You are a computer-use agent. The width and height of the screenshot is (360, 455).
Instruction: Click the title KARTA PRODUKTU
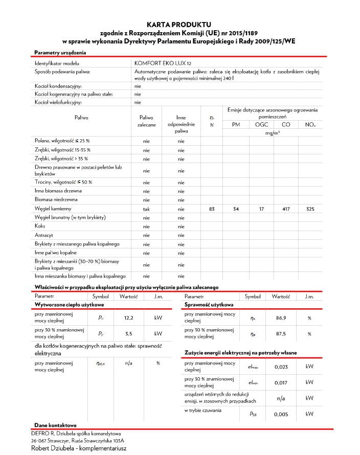tap(178, 24)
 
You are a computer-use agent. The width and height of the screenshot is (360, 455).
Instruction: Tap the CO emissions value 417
tap(286, 209)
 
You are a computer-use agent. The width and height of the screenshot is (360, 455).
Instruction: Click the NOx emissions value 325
tap(310, 209)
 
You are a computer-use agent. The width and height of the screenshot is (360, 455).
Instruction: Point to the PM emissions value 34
tap(236, 209)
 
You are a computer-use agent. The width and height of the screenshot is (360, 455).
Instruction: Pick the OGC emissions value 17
tap(261, 209)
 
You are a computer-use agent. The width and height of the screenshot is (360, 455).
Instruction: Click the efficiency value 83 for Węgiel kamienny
tap(212, 209)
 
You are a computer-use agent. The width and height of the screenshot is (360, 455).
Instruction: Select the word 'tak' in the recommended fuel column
tap(146, 209)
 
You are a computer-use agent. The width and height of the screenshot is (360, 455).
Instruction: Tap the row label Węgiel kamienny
tap(53, 209)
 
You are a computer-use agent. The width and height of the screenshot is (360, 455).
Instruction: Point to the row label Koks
tap(40, 226)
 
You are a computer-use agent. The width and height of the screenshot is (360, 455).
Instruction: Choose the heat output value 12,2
tap(129, 318)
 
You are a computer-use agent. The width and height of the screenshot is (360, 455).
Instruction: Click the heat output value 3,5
tap(129, 334)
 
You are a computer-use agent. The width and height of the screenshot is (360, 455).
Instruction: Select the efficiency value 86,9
tap(281, 318)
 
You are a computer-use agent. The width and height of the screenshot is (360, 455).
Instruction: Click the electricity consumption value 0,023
tap(281, 367)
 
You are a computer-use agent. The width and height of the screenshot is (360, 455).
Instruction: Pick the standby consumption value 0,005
tap(281, 414)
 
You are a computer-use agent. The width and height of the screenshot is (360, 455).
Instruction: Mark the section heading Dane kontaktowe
tap(55, 425)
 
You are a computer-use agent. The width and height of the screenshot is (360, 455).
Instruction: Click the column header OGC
tap(261, 125)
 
